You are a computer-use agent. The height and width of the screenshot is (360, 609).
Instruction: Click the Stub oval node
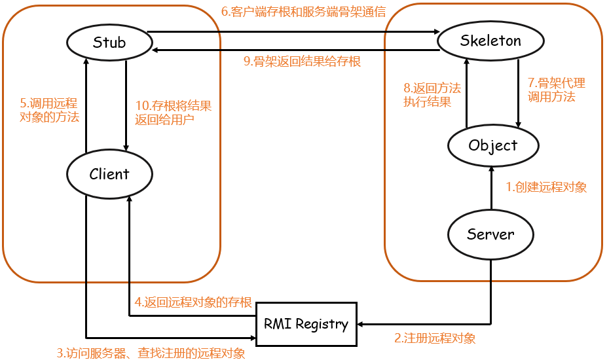(x=109, y=43)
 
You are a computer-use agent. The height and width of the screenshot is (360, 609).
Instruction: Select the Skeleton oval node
(x=490, y=41)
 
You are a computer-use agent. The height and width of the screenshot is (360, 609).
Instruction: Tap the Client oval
(x=109, y=174)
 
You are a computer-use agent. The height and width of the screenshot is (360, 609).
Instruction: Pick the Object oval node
(x=493, y=145)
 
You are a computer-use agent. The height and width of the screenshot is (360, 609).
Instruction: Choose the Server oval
(x=490, y=234)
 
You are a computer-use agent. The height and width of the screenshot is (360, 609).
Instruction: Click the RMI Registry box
(x=306, y=323)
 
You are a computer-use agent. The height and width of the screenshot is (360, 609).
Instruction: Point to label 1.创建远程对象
(x=546, y=187)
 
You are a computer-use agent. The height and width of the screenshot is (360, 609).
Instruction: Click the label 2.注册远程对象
(x=435, y=338)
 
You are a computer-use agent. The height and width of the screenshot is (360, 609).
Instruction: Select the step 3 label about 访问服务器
(x=151, y=353)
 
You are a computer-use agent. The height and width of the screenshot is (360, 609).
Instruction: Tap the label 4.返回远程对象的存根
(x=193, y=302)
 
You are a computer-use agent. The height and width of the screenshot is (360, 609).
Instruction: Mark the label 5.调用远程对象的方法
(x=49, y=110)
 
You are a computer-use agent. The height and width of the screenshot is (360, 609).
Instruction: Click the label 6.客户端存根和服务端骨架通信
(x=303, y=12)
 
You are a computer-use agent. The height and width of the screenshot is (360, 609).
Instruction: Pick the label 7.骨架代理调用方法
(x=556, y=90)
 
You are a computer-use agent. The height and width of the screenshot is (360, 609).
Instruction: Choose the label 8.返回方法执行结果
(x=432, y=94)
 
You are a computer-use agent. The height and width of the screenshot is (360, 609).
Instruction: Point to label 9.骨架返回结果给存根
(x=302, y=62)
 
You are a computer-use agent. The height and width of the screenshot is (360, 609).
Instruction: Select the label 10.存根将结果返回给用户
(x=173, y=113)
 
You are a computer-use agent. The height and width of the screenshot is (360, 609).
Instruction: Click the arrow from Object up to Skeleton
(x=466, y=92)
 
